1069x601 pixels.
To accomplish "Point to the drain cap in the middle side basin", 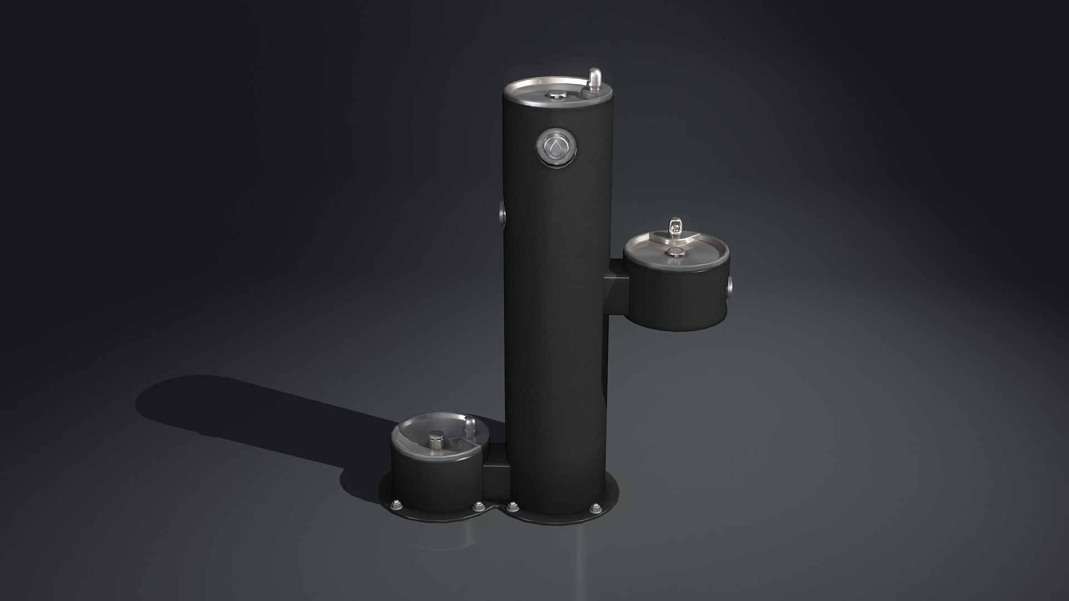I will click(675, 253).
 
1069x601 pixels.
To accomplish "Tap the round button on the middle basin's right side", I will click(729, 288).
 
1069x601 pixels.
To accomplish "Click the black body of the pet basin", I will click(434, 473).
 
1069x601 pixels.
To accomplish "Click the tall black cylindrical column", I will click(554, 334).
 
